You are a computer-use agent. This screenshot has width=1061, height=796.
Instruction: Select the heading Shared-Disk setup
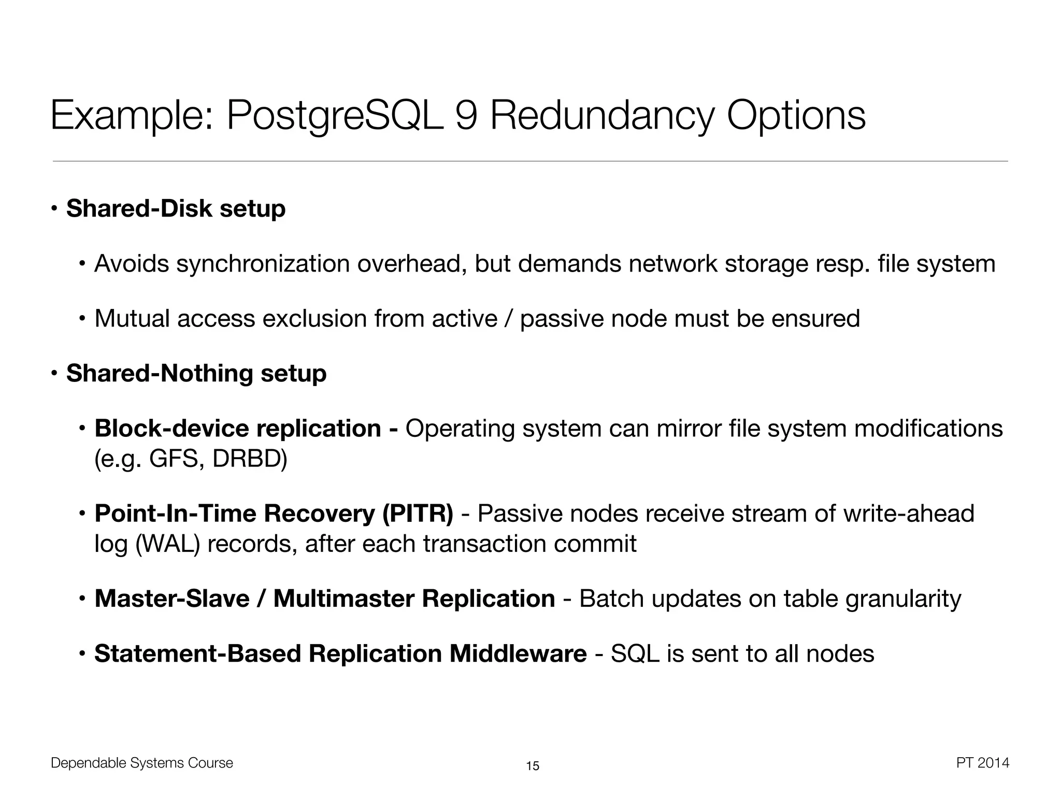pos(176,209)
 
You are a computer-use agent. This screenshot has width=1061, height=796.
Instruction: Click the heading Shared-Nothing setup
pos(196,374)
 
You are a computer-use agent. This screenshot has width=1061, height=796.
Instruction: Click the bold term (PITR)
pos(418,514)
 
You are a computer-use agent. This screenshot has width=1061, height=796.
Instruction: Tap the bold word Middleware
pos(518,653)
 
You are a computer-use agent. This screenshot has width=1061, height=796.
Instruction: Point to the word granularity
pos(903,599)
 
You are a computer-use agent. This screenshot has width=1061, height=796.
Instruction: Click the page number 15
pos(533,766)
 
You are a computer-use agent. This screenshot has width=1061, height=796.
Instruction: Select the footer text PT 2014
pos(982,763)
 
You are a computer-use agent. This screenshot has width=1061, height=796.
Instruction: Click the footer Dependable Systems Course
pos(142,763)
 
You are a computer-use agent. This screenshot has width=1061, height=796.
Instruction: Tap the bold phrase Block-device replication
pos(238,429)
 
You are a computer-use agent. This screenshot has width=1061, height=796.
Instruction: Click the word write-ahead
pos(909,514)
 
